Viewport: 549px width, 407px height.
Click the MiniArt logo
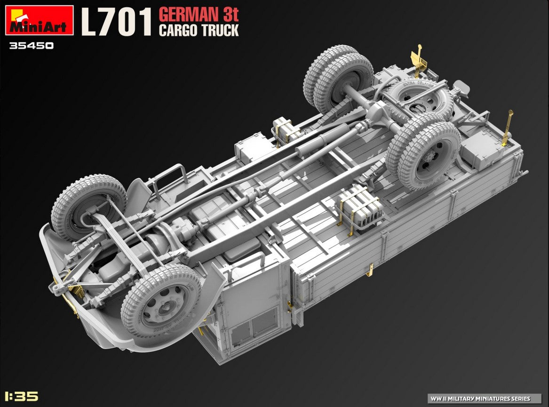coord(39,20)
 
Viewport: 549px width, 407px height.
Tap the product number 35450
coord(32,46)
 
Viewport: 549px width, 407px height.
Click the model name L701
coord(116,22)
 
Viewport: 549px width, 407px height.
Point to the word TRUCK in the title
coord(221,31)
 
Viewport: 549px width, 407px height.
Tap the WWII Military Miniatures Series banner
coord(485,398)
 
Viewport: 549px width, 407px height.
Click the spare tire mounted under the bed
coord(417,99)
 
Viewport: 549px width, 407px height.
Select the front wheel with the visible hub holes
coord(161,301)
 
